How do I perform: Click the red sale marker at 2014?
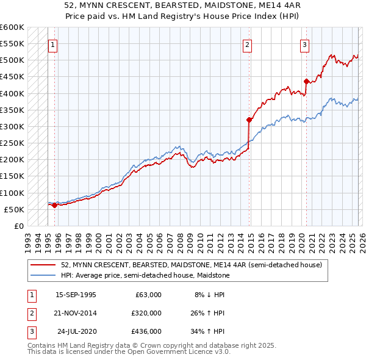pos(249,120)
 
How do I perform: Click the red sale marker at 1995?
pos(54,205)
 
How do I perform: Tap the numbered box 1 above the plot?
pos(53,44)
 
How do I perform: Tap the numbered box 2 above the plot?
pos(247,44)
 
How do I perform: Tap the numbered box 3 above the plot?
pos(304,44)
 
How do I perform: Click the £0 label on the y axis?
pos(18,226)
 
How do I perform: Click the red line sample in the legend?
pos(44,265)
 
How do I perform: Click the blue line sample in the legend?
pos(44,275)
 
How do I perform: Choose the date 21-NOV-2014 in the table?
pos(76,312)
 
